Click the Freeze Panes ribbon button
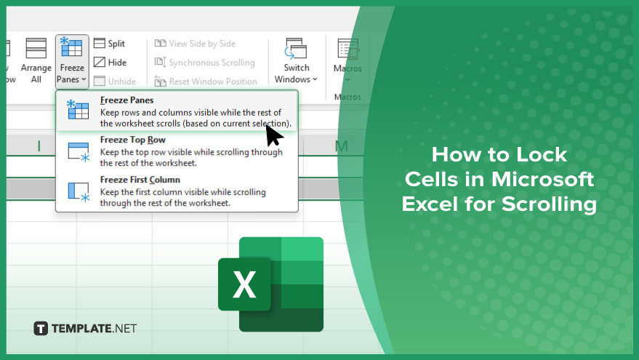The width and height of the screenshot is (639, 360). click(72, 61)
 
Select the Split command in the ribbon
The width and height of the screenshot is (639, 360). click(109, 44)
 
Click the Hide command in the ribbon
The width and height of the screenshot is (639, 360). click(110, 63)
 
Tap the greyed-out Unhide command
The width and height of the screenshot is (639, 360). click(115, 81)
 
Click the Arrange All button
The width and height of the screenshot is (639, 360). click(36, 61)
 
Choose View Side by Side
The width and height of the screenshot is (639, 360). click(196, 44)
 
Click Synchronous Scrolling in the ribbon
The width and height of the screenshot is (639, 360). click(204, 63)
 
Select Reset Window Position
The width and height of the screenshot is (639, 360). click(206, 81)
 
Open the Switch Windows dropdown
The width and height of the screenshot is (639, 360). click(296, 61)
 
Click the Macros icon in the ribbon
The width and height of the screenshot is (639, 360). click(347, 49)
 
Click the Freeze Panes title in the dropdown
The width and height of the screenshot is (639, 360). click(126, 100)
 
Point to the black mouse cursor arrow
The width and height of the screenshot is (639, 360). click(274, 135)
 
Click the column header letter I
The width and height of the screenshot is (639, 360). click(39, 146)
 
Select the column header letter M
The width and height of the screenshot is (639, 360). click(341, 146)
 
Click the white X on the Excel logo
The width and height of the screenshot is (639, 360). click(244, 284)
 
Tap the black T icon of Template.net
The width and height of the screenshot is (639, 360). click(41, 328)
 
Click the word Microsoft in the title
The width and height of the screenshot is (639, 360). click(542, 180)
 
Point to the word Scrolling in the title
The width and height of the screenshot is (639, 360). click(550, 204)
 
